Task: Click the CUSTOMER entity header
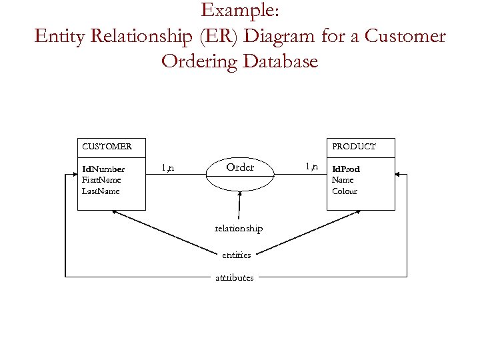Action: tap(107, 146)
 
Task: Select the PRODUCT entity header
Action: tap(354, 146)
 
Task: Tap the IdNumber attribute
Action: tap(103, 169)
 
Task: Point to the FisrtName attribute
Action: tap(101, 180)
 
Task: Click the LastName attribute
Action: tap(101, 191)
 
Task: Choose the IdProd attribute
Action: tap(346, 169)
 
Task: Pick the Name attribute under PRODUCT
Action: tap(343, 180)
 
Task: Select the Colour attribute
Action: tap(345, 191)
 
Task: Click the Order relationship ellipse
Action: tap(240, 168)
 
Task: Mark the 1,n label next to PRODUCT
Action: tap(311, 166)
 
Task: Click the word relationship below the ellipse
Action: tap(238, 229)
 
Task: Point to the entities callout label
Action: tap(237, 255)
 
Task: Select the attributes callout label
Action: tap(234, 277)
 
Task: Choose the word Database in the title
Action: tap(280, 61)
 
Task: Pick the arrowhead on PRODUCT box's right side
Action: tap(399, 175)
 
